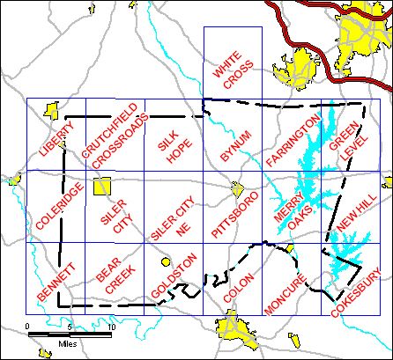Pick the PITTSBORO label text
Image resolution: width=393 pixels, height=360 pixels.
[x=234, y=214]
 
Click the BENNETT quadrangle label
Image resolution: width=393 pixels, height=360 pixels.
[x=56, y=283]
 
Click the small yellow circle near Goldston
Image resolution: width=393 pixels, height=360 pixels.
[x=164, y=261]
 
